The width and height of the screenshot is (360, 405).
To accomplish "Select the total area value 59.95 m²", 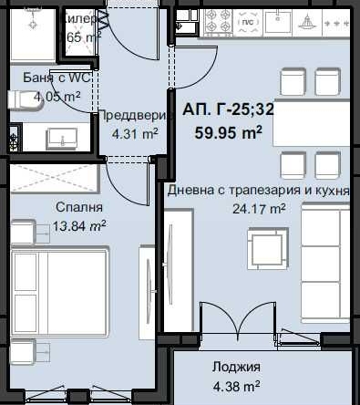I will point(229,130).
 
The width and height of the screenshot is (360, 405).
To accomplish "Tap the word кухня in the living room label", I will point(330,190).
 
